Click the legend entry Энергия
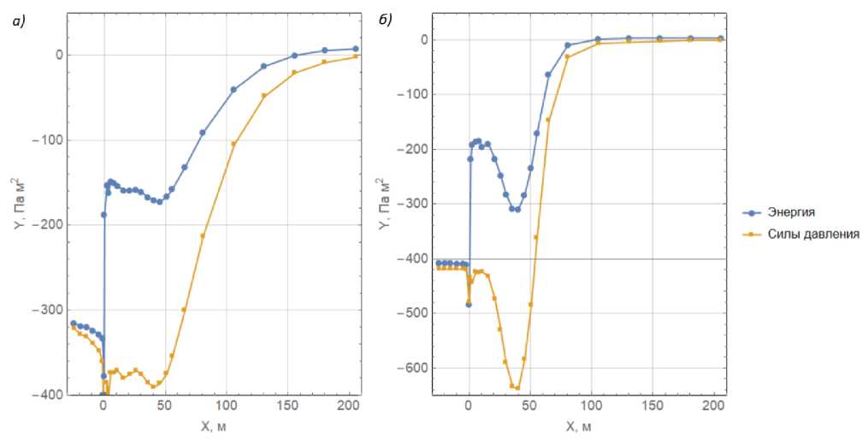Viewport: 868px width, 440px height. pos(791,211)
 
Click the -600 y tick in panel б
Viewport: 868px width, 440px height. pos(416,368)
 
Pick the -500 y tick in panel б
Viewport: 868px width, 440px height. pos(416,313)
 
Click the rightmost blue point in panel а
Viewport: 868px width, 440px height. pos(355,49)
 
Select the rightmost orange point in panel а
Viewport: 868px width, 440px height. pos(355,56)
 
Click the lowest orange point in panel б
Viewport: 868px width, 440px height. pos(517,388)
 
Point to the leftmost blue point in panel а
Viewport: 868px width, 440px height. pos(74,323)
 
